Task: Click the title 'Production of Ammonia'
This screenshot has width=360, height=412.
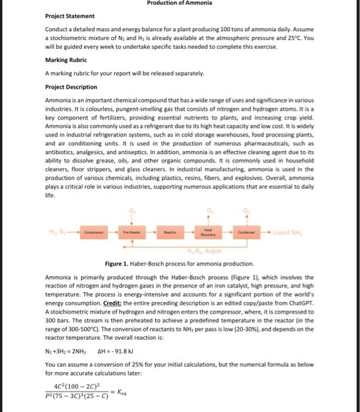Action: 180,3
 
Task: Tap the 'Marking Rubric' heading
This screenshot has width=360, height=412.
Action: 66,60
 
